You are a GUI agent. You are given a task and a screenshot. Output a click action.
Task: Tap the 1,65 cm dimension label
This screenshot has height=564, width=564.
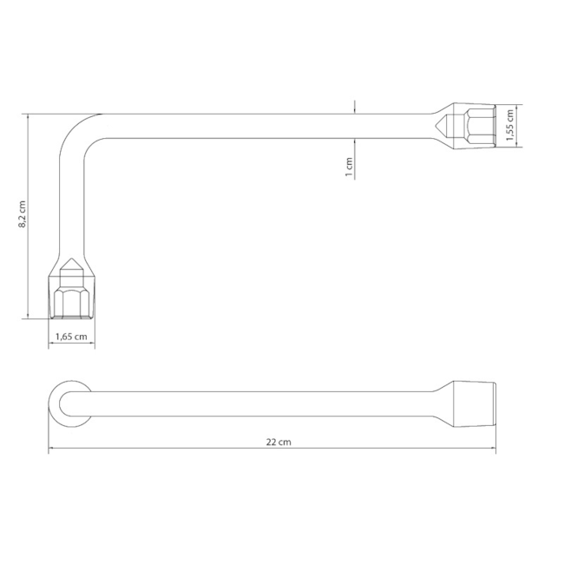pos(72,338)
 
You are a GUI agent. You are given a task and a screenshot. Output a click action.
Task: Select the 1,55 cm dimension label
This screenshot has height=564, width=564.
pos(511,125)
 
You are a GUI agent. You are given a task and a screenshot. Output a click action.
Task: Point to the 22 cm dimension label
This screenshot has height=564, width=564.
pos(279,442)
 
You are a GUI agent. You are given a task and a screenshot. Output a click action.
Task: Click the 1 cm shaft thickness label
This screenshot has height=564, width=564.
pos(349,167)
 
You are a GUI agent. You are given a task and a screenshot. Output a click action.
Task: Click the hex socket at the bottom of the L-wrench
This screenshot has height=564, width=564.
pos(72,300)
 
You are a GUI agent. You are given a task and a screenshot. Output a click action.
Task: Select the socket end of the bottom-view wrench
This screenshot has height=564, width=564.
pos(473,403)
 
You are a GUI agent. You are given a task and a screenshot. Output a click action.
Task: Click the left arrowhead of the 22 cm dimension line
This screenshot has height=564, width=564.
pos(51,449)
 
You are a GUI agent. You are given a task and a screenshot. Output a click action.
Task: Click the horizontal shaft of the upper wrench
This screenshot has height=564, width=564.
pos(260,125)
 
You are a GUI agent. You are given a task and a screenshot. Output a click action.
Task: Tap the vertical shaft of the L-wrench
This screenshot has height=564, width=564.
pos(72,200)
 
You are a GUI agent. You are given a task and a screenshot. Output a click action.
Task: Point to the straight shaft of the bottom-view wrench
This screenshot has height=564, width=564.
pos(260,403)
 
